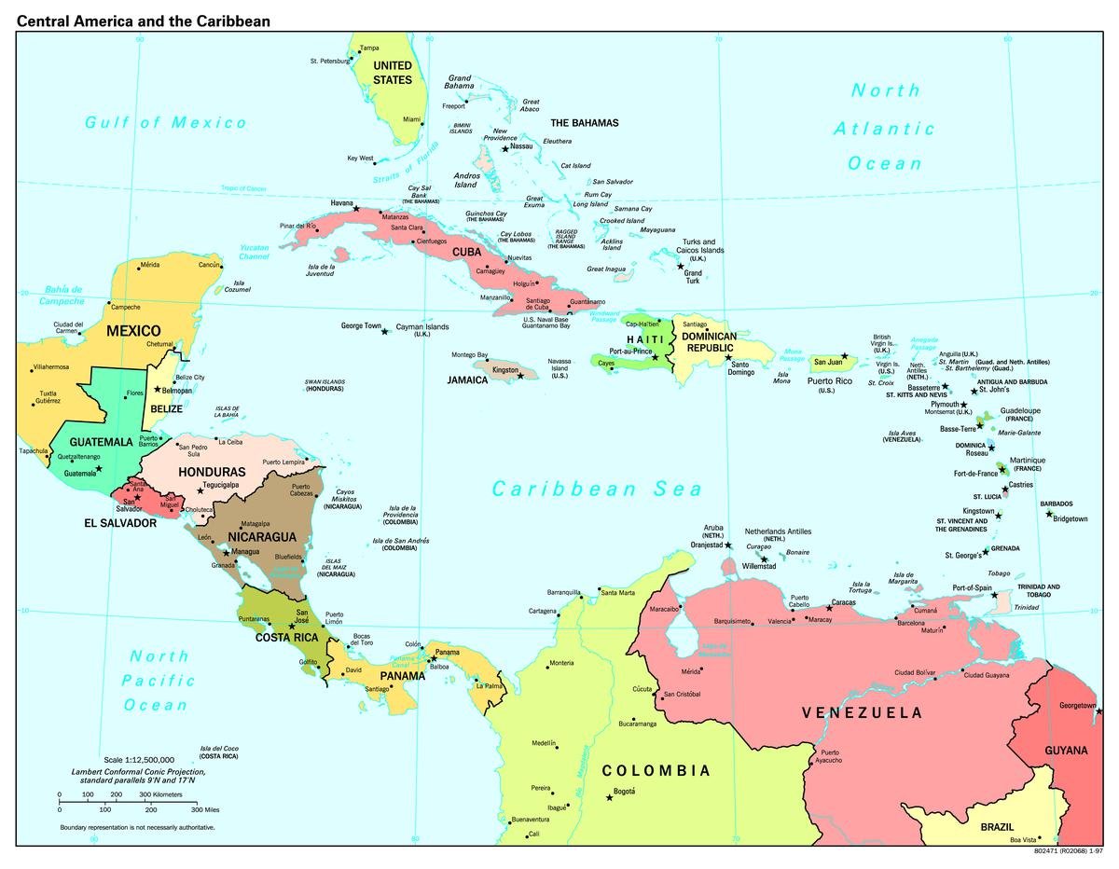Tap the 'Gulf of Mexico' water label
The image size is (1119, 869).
click(x=166, y=122)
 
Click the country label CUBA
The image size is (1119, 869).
click(x=466, y=252)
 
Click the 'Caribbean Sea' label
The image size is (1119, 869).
click(x=597, y=489)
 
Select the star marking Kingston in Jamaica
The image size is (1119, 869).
click(x=520, y=376)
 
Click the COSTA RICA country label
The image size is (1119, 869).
click(x=288, y=637)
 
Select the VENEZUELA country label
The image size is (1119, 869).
click(x=863, y=713)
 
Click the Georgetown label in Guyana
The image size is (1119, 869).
click(x=1077, y=706)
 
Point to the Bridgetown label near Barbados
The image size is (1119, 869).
click(x=1070, y=518)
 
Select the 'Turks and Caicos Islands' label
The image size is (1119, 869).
click(x=699, y=246)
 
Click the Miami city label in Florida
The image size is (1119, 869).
click(x=411, y=119)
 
